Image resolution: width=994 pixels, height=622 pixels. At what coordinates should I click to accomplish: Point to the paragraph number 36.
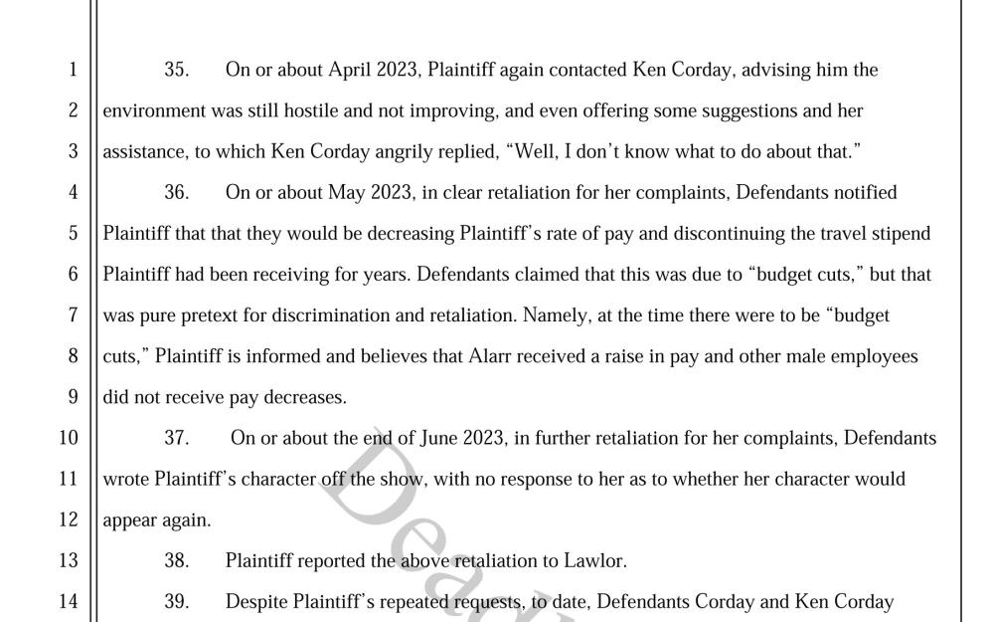click(176, 193)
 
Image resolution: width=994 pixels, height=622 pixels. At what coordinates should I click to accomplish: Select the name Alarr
click(492, 356)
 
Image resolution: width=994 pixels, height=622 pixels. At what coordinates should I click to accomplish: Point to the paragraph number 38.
click(176, 561)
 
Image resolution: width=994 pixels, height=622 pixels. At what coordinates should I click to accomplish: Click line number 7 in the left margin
click(73, 315)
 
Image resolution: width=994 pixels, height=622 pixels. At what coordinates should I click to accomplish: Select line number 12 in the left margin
click(68, 519)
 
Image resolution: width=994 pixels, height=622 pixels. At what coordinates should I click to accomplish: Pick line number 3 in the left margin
click(73, 152)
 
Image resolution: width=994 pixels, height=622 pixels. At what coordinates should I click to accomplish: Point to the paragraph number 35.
click(176, 70)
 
